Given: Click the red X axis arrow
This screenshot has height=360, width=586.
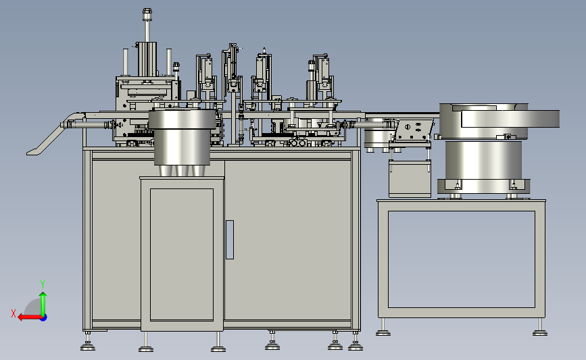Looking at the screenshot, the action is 30,317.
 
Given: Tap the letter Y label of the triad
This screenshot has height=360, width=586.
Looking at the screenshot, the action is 43,284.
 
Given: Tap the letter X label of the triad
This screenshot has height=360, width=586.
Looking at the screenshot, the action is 14,313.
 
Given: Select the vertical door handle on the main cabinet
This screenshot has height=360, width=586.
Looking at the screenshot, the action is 230,239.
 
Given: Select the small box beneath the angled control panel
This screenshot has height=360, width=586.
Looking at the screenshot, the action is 410,178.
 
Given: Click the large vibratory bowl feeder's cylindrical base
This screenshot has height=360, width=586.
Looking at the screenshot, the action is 483,161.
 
